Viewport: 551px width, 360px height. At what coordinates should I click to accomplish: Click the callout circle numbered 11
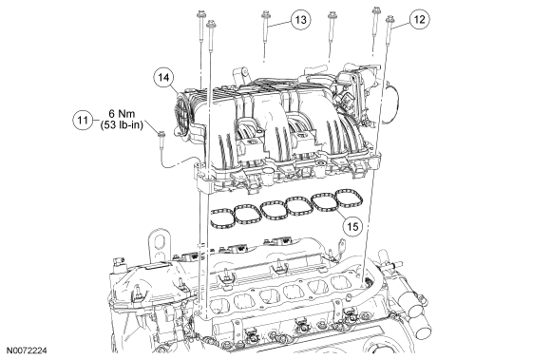click(x=83, y=121)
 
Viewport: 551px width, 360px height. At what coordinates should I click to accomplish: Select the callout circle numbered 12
click(x=419, y=19)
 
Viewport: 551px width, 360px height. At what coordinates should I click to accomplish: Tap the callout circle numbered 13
click(x=301, y=20)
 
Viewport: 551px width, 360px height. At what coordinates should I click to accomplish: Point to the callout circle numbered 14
click(x=164, y=77)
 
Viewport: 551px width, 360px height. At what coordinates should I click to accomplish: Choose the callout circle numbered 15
click(x=352, y=226)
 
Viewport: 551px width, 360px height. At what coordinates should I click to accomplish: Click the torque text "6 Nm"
click(x=122, y=114)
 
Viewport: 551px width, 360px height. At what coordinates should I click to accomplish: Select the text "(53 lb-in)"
click(x=122, y=125)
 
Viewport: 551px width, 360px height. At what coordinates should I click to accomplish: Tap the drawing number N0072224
click(x=24, y=351)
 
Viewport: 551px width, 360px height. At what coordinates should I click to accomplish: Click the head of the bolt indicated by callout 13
click(x=265, y=14)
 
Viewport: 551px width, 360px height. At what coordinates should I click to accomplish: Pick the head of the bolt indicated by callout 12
click(x=389, y=19)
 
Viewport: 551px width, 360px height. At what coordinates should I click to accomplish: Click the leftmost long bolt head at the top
click(x=200, y=15)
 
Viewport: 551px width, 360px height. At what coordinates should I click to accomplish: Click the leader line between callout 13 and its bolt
click(x=280, y=23)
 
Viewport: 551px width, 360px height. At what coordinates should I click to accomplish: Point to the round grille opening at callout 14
click(x=182, y=112)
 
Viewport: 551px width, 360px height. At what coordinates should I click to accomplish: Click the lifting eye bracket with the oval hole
click(x=160, y=244)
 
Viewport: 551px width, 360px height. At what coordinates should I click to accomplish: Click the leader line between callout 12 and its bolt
click(x=401, y=24)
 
